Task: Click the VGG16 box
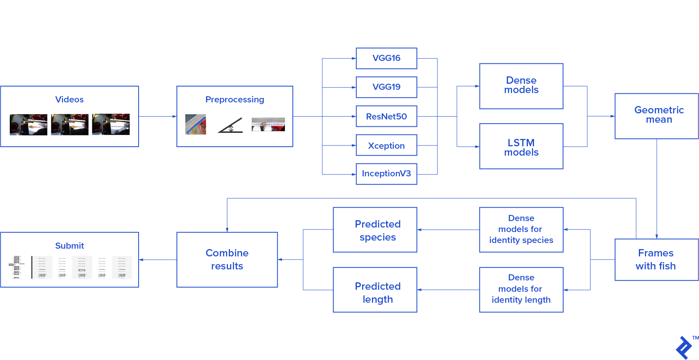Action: coord(386,58)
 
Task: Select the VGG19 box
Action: coord(386,87)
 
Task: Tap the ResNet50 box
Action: coord(386,116)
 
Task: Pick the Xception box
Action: coord(386,145)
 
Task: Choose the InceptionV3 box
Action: coord(386,174)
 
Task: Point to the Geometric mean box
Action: coord(656,116)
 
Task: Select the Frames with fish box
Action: coord(656,259)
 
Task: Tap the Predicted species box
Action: coord(375,230)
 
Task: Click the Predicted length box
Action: coord(375,290)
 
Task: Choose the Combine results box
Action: coord(227,260)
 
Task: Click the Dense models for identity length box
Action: coord(521,290)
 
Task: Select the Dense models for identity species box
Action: coord(521,230)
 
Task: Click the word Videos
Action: coord(69,100)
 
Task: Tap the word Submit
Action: coord(69,246)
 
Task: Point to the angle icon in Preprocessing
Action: coord(230,125)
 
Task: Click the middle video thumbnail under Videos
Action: coord(69,124)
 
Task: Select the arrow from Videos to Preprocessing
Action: coord(157,116)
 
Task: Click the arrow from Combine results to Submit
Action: coord(157,260)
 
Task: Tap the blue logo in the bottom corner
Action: coord(684,347)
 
